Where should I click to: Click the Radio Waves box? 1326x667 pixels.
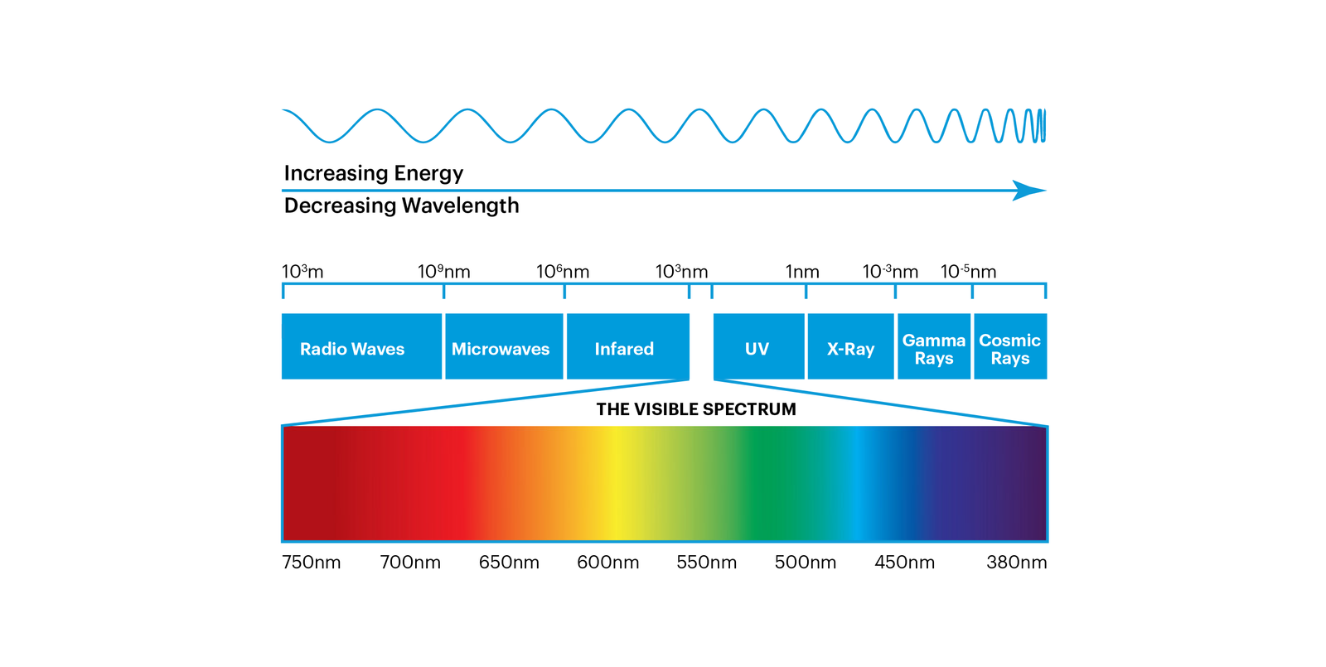tap(361, 346)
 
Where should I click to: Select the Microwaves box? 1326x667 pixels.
tap(504, 346)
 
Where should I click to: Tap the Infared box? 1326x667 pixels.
tap(628, 346)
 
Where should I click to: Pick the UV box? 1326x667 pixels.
tap(759, 346)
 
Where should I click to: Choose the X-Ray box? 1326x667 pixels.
tap(850, 346)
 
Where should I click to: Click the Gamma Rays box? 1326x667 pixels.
tap(934, 346)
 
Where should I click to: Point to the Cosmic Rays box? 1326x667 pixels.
tap(1010, 346)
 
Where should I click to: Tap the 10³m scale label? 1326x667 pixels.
tap(302, 272)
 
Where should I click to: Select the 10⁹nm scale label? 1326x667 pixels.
tap(444, 272)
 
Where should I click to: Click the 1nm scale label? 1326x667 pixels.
tap(802, 272)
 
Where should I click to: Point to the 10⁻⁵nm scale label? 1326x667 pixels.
tap(969, 272)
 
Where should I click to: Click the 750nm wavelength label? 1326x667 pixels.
tap(312, 563)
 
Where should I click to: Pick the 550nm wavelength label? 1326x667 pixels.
tap(707, 563)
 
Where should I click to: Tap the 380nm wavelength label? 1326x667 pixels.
tap(1016, 563)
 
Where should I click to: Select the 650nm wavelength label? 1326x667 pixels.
tap(509, 563)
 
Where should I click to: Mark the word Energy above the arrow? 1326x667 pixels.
tap(428, 173)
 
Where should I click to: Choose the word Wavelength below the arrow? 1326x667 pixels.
tap(461, 205)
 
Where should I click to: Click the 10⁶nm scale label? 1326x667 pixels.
tap(563, 272)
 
